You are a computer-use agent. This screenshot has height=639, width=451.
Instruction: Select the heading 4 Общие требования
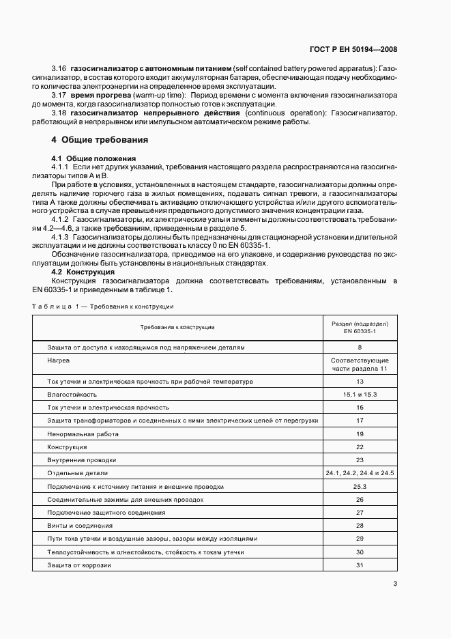click(x=100, y=139)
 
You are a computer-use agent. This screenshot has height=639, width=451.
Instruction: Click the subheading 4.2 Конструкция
click(x=83, y=272)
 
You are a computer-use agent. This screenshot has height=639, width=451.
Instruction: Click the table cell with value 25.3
click(x=360, y=487)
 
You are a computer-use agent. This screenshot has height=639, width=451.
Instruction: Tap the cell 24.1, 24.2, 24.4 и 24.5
click(x=360, y=473)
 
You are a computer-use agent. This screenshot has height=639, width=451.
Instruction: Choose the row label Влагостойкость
click(x=72, y=395)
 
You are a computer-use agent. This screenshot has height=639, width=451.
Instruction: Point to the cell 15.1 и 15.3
click(x=360, y=395)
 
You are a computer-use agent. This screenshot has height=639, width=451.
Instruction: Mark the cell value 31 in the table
click(x=360, y=565)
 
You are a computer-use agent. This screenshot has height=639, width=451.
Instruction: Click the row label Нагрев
click(x=58, y=360)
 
